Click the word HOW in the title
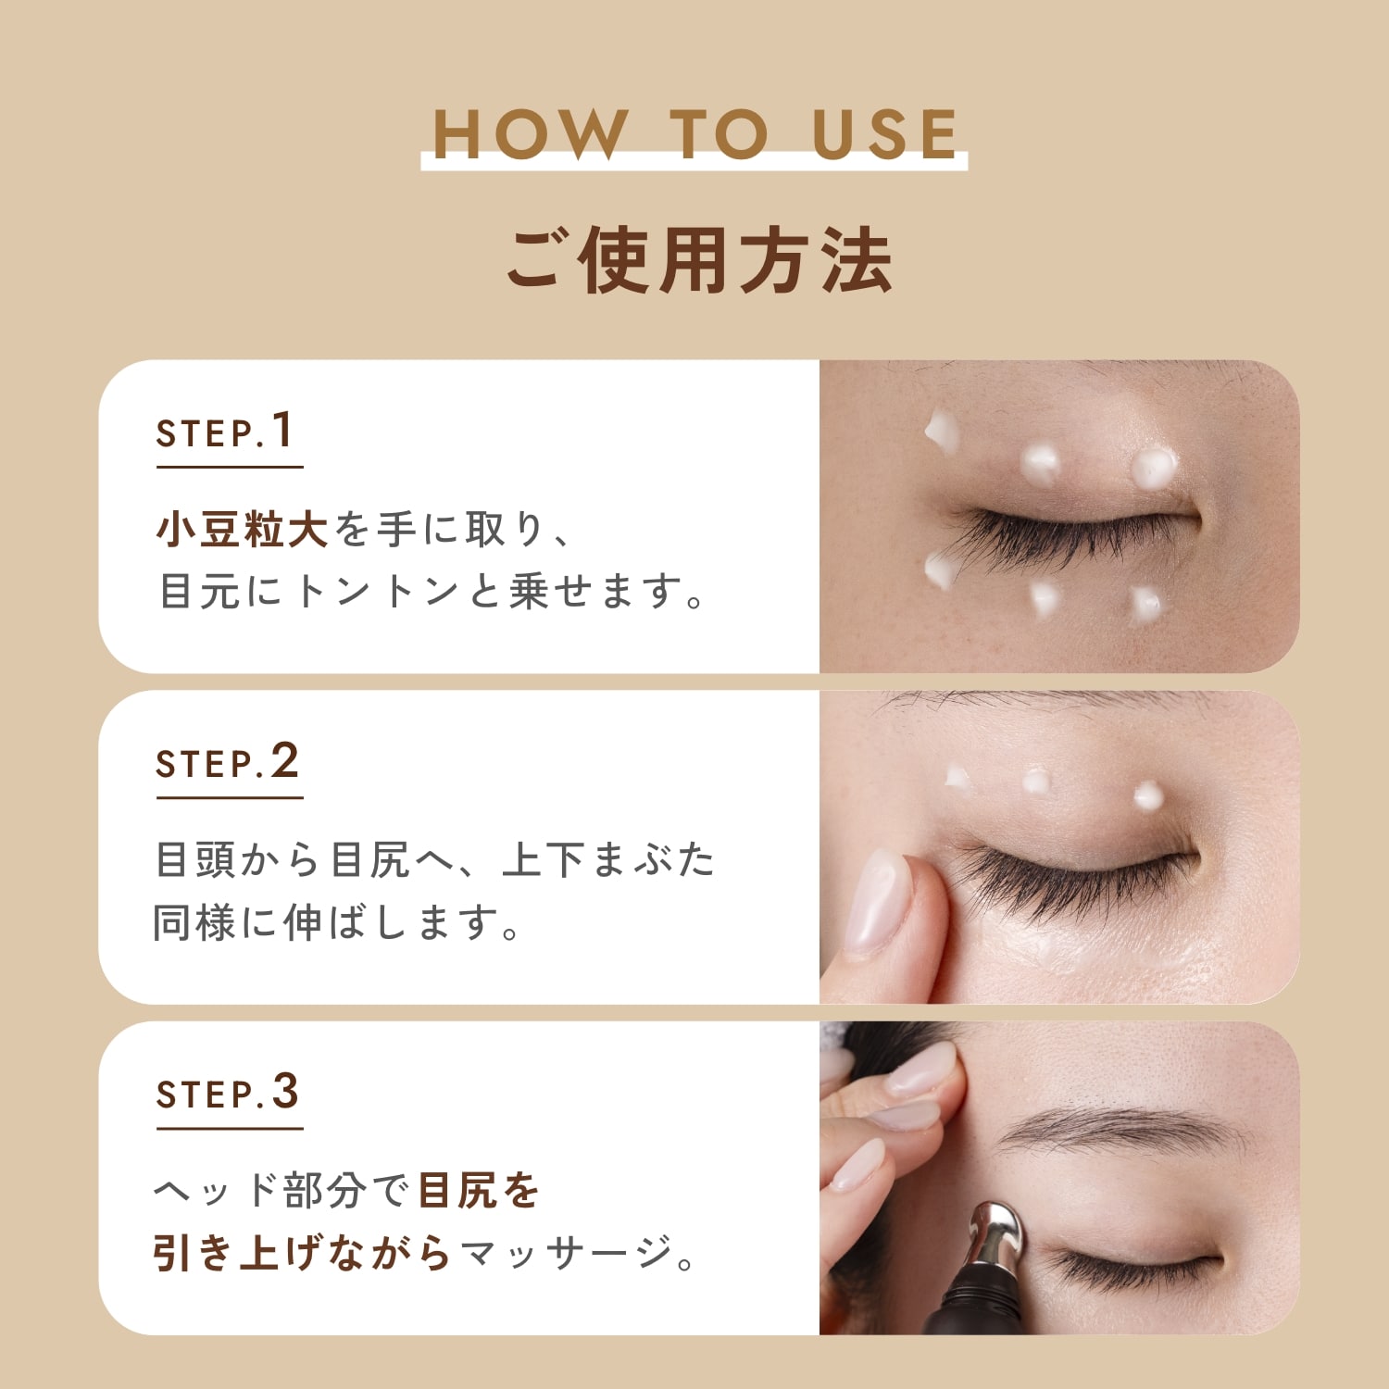tap(527, 134)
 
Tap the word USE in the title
tap(884, 134)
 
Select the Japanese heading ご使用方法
tap(698, 260)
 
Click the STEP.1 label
tap(225, 431)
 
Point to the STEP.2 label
tap(227, 761)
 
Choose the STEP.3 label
tap(227, 1092)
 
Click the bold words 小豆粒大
tap(242, 530)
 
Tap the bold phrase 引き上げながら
tap(302, 1253)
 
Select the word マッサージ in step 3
tap(566, 1253)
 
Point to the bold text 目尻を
tap(478, 1191)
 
